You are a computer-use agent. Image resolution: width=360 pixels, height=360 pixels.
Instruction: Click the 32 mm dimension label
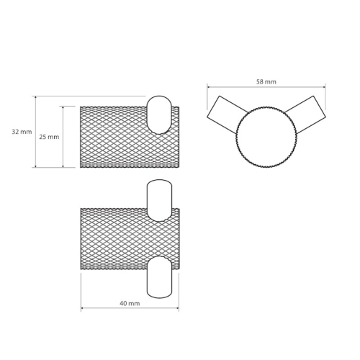pos(22,132)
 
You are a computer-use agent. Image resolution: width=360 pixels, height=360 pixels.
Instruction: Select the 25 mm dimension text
pos(49,137)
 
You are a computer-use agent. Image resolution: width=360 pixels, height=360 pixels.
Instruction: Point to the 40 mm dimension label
pos(130,304)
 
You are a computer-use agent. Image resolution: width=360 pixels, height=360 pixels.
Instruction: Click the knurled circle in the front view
pos(266,137)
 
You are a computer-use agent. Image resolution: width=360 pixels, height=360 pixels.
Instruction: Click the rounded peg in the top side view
pos(159,115)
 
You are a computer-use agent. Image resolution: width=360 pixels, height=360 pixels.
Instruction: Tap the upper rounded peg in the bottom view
pos(159,200)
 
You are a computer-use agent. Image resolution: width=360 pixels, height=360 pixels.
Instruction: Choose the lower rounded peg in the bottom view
pos(159,277)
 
